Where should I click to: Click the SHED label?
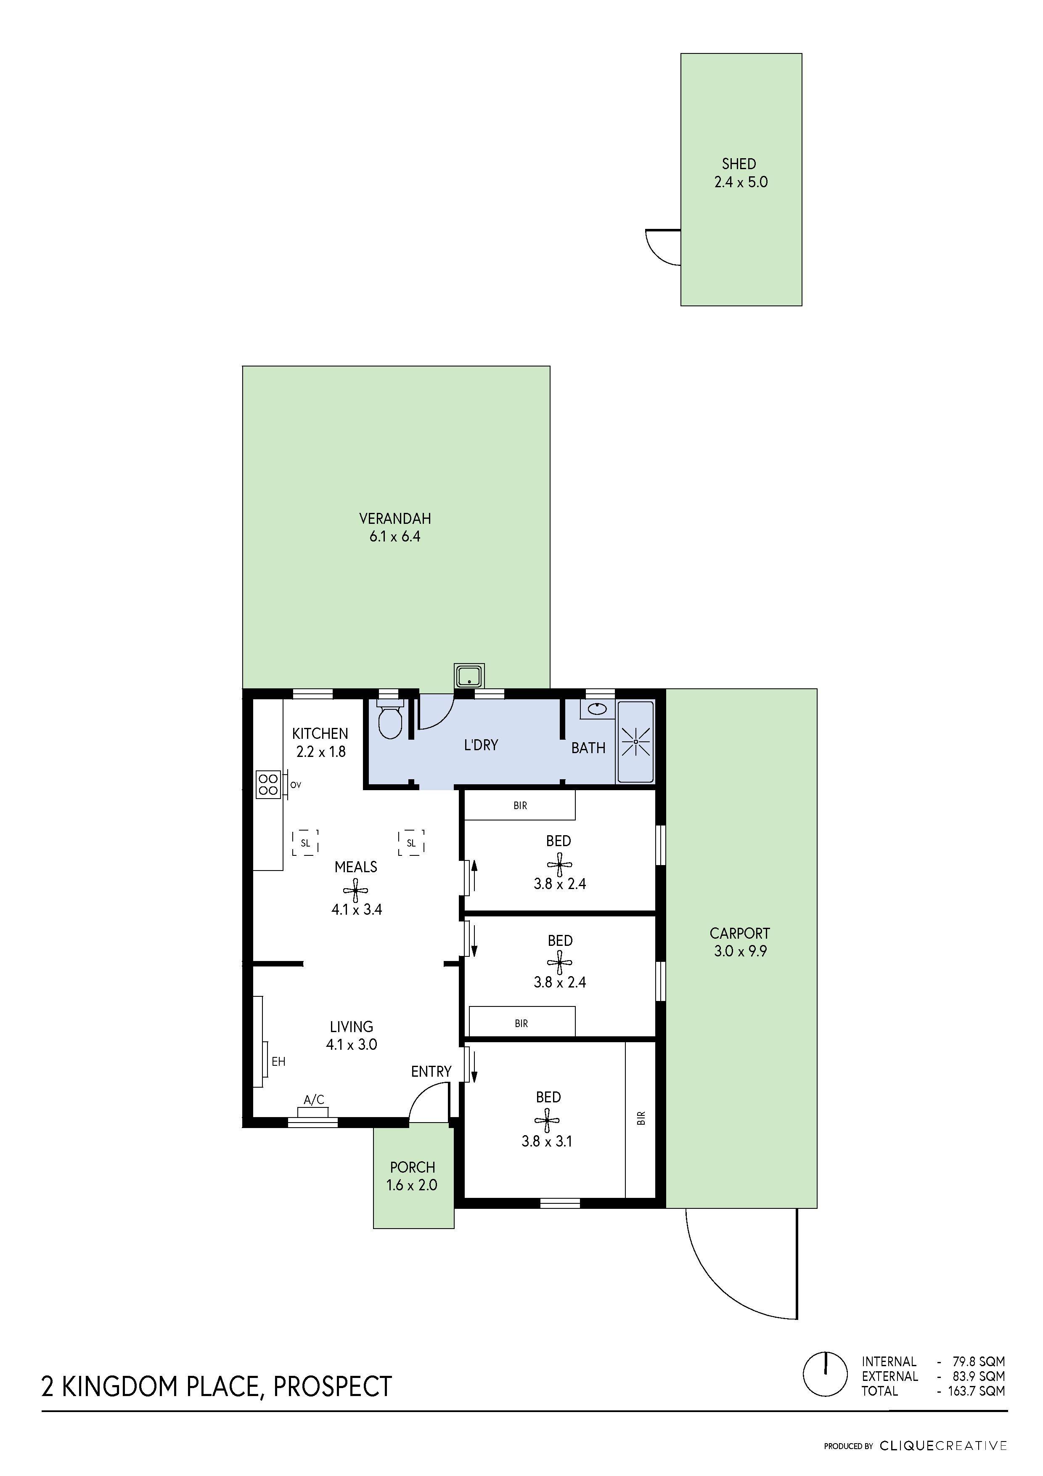739,165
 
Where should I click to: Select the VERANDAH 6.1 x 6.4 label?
394,527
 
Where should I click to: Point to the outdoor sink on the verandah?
469,676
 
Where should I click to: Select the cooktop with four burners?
268,784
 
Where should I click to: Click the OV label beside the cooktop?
296,785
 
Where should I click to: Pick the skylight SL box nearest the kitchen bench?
305,843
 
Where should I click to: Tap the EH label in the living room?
278,1062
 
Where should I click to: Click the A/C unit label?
314,1100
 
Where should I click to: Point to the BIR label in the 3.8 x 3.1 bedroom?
640,1119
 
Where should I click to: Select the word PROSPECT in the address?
332,1387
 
